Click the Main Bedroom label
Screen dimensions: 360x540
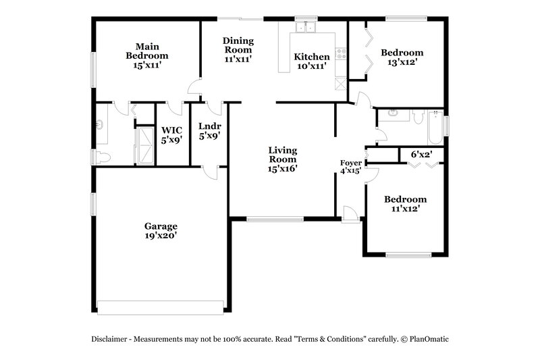146,55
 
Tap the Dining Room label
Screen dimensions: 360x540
238,49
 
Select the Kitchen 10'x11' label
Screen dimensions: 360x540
311,61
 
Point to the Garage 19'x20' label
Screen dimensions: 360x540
161,231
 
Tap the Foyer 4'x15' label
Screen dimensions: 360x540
350,167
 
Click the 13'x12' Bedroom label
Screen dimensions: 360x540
402,57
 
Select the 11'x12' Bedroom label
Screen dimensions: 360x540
405,204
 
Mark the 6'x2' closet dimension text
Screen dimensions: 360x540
421,155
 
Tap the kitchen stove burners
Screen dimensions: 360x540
341,54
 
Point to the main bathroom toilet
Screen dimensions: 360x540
101,157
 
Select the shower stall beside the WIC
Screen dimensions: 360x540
144,145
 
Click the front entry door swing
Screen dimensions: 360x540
350,213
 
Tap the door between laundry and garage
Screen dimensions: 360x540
210,171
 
